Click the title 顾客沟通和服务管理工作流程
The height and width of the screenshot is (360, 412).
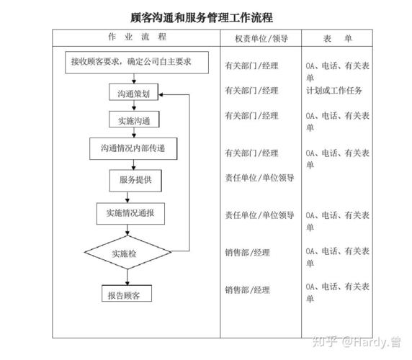pyautogui.click(x=202, y=18)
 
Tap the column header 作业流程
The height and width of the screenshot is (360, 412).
pyautogui.click(x=138, y=37)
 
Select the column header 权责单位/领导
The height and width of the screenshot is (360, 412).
pyautogui.click(x=261, y=39)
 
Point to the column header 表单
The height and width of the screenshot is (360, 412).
pyautogui.click(x=337, y=39)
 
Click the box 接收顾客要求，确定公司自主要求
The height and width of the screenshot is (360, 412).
pyautogui.click(x=137, y=63)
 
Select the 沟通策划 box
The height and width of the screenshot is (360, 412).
pyautogui.click(x=134, y=92)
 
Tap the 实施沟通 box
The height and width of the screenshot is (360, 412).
pyautogui.click(x=134, y=120)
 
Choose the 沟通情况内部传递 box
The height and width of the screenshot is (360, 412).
pyautogui.click(x=133, y=148)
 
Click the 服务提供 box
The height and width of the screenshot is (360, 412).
pyautogui.click(x=135, y=181)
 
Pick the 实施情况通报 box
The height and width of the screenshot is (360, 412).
pyautogui.click(x=130, y=213)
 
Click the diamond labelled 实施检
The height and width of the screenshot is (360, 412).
pyautogui.click(x=127, y=252)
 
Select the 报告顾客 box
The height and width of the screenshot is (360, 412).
pyautogui.click(x=127, y=293)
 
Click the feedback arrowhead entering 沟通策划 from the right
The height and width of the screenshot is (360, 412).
pyautogui.click(x=161, y=94)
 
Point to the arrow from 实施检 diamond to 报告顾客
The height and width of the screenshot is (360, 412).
pyautogui.click(x=127, y=277)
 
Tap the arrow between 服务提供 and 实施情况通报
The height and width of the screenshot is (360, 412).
pyautogui.click(x=127, y=197)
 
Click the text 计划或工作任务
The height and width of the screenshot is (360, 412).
pyautogui.click(x=334, y=91)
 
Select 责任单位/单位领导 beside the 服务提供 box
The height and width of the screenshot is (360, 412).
pyautogui.click(x=259, y=178)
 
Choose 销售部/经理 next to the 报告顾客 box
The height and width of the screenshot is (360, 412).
pyautogui.click(x=248, y=290)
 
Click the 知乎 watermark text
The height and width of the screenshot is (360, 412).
pyautogui.click(x=325, y=341)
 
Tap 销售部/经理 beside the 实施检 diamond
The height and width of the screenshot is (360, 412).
pyautogui.click(x=248, y=253)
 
